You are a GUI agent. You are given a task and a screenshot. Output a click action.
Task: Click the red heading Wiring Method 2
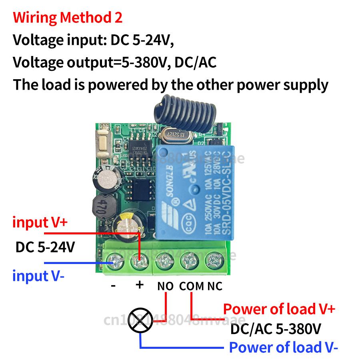(68, 18)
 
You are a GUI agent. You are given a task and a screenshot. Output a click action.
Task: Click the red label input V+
(39, 222)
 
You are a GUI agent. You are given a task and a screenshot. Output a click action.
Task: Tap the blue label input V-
(38, 276)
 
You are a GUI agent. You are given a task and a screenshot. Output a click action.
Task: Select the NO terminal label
(166, 286)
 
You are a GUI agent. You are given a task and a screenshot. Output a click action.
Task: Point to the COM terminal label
(192, 286)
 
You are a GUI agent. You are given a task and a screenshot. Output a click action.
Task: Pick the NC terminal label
(214, 286)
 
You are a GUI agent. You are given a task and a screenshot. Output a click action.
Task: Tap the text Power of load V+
(279, 309)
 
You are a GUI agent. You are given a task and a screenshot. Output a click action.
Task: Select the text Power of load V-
(283, 347)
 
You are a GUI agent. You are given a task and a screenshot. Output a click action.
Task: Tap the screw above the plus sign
(139, 262)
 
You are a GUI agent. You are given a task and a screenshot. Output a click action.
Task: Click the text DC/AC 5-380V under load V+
(276, 329)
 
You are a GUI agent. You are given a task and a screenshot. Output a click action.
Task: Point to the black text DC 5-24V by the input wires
(45, 247)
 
